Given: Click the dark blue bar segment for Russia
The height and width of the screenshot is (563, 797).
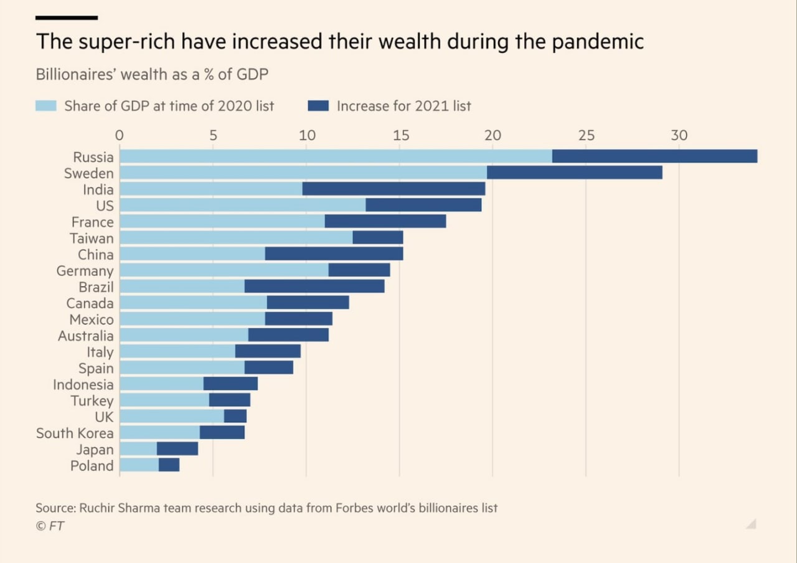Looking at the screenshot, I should [654, 156].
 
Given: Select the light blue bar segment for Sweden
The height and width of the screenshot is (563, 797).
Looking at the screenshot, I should [303, 173].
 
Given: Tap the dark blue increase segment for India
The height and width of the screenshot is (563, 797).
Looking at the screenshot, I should [394, 189].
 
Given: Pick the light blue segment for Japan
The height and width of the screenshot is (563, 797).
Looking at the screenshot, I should [138, 449].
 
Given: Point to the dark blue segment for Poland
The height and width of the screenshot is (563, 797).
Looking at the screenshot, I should [169, 465].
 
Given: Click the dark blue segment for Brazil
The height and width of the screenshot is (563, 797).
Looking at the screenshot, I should [314, 286].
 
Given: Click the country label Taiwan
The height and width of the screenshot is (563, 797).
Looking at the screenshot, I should [92, 238].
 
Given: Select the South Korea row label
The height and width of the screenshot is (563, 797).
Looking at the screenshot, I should [75, 433].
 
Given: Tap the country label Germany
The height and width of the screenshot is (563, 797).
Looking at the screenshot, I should [85, 271].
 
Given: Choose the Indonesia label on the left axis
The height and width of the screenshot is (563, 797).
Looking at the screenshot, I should [83, 384].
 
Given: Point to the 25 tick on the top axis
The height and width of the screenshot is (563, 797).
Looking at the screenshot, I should [586, 135].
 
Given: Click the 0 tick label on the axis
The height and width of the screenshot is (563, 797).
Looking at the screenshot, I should [120, 135].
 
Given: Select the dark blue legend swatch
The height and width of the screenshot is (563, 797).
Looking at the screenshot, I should [318, 106].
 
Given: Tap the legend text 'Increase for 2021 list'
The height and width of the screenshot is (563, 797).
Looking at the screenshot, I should [403, 106].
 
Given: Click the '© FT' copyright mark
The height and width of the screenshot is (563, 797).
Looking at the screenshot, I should [50, 526].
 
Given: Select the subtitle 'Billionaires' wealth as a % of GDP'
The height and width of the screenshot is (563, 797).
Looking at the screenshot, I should [152, 74].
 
